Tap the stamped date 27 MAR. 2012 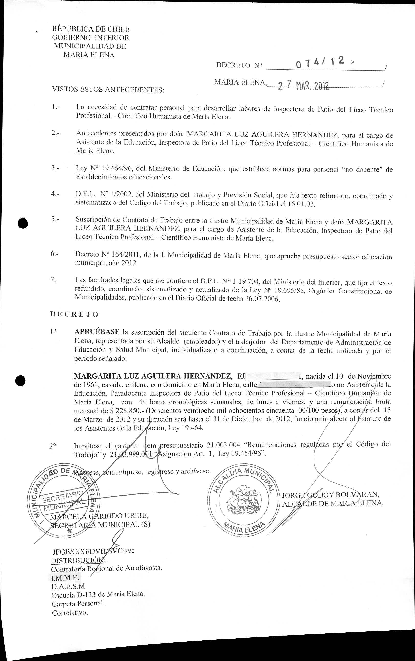click(x=303, y=86)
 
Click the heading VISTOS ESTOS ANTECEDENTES click(x=108, y=90)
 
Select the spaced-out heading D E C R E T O click(x=74, y=314)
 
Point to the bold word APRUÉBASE click(x=97, y=332)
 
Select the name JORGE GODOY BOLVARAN click(x=330, y=495)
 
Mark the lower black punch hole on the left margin click(x=21, y=381)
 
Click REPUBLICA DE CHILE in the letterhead click(x=90, y=29)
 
